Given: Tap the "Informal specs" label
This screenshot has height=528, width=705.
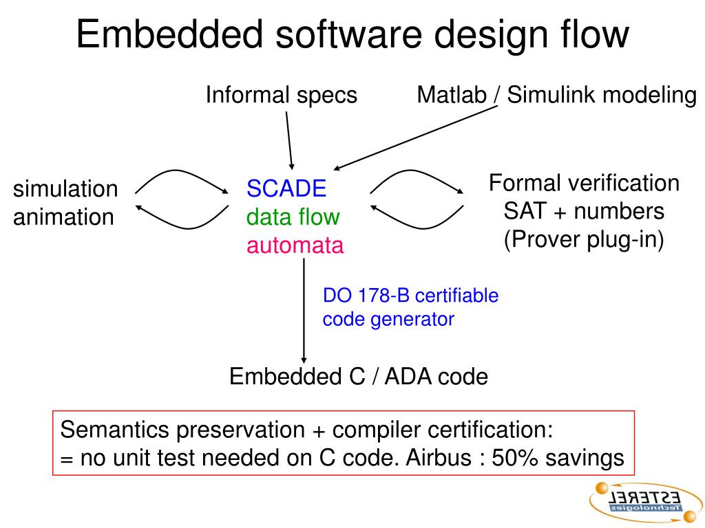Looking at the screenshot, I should (x=282, y=95).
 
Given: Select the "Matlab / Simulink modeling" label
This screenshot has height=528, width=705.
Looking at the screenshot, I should (x=556, y=95).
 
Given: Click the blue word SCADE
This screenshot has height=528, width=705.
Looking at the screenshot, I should (x=286, y=188).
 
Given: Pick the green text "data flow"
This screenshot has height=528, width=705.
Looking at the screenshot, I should (x=293, y=217).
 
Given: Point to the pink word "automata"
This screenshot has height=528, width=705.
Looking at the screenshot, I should (x=295, y=245).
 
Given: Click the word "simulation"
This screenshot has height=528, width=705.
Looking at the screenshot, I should (x=65, y=189).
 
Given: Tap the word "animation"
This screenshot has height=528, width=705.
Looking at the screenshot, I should (x=63, y=217).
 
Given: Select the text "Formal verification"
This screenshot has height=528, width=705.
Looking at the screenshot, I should (x=584, y=184).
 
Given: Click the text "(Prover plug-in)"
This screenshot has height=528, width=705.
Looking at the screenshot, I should (x=584, y=240).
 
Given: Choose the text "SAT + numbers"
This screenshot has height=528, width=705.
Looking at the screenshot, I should (x=584, y=211).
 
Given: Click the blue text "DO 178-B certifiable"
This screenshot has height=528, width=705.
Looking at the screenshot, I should (x=410, y=296).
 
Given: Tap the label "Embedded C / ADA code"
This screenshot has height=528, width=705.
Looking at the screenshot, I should (x=358, y=377).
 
